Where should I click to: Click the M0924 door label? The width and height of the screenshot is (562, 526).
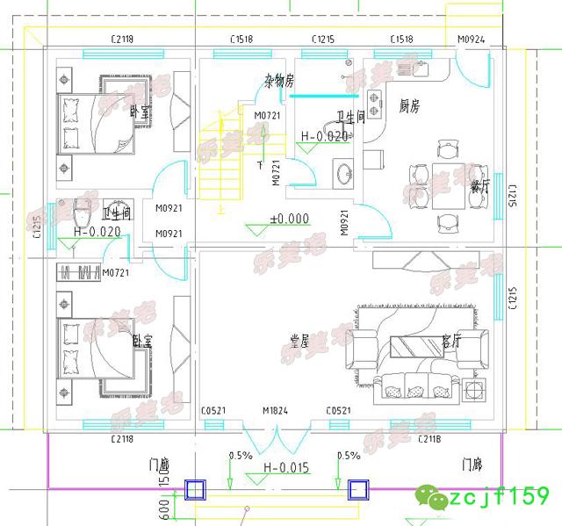(471, 40)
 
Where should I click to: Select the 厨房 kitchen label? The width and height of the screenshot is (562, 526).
(410, 105)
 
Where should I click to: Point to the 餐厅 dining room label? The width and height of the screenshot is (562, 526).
(479, 185)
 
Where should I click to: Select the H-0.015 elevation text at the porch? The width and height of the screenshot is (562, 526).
(285, 467)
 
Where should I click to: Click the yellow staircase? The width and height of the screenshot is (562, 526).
(220, 162)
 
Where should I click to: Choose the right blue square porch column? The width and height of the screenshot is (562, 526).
(357, 490)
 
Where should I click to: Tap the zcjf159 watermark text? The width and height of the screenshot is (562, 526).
(499, 498)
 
